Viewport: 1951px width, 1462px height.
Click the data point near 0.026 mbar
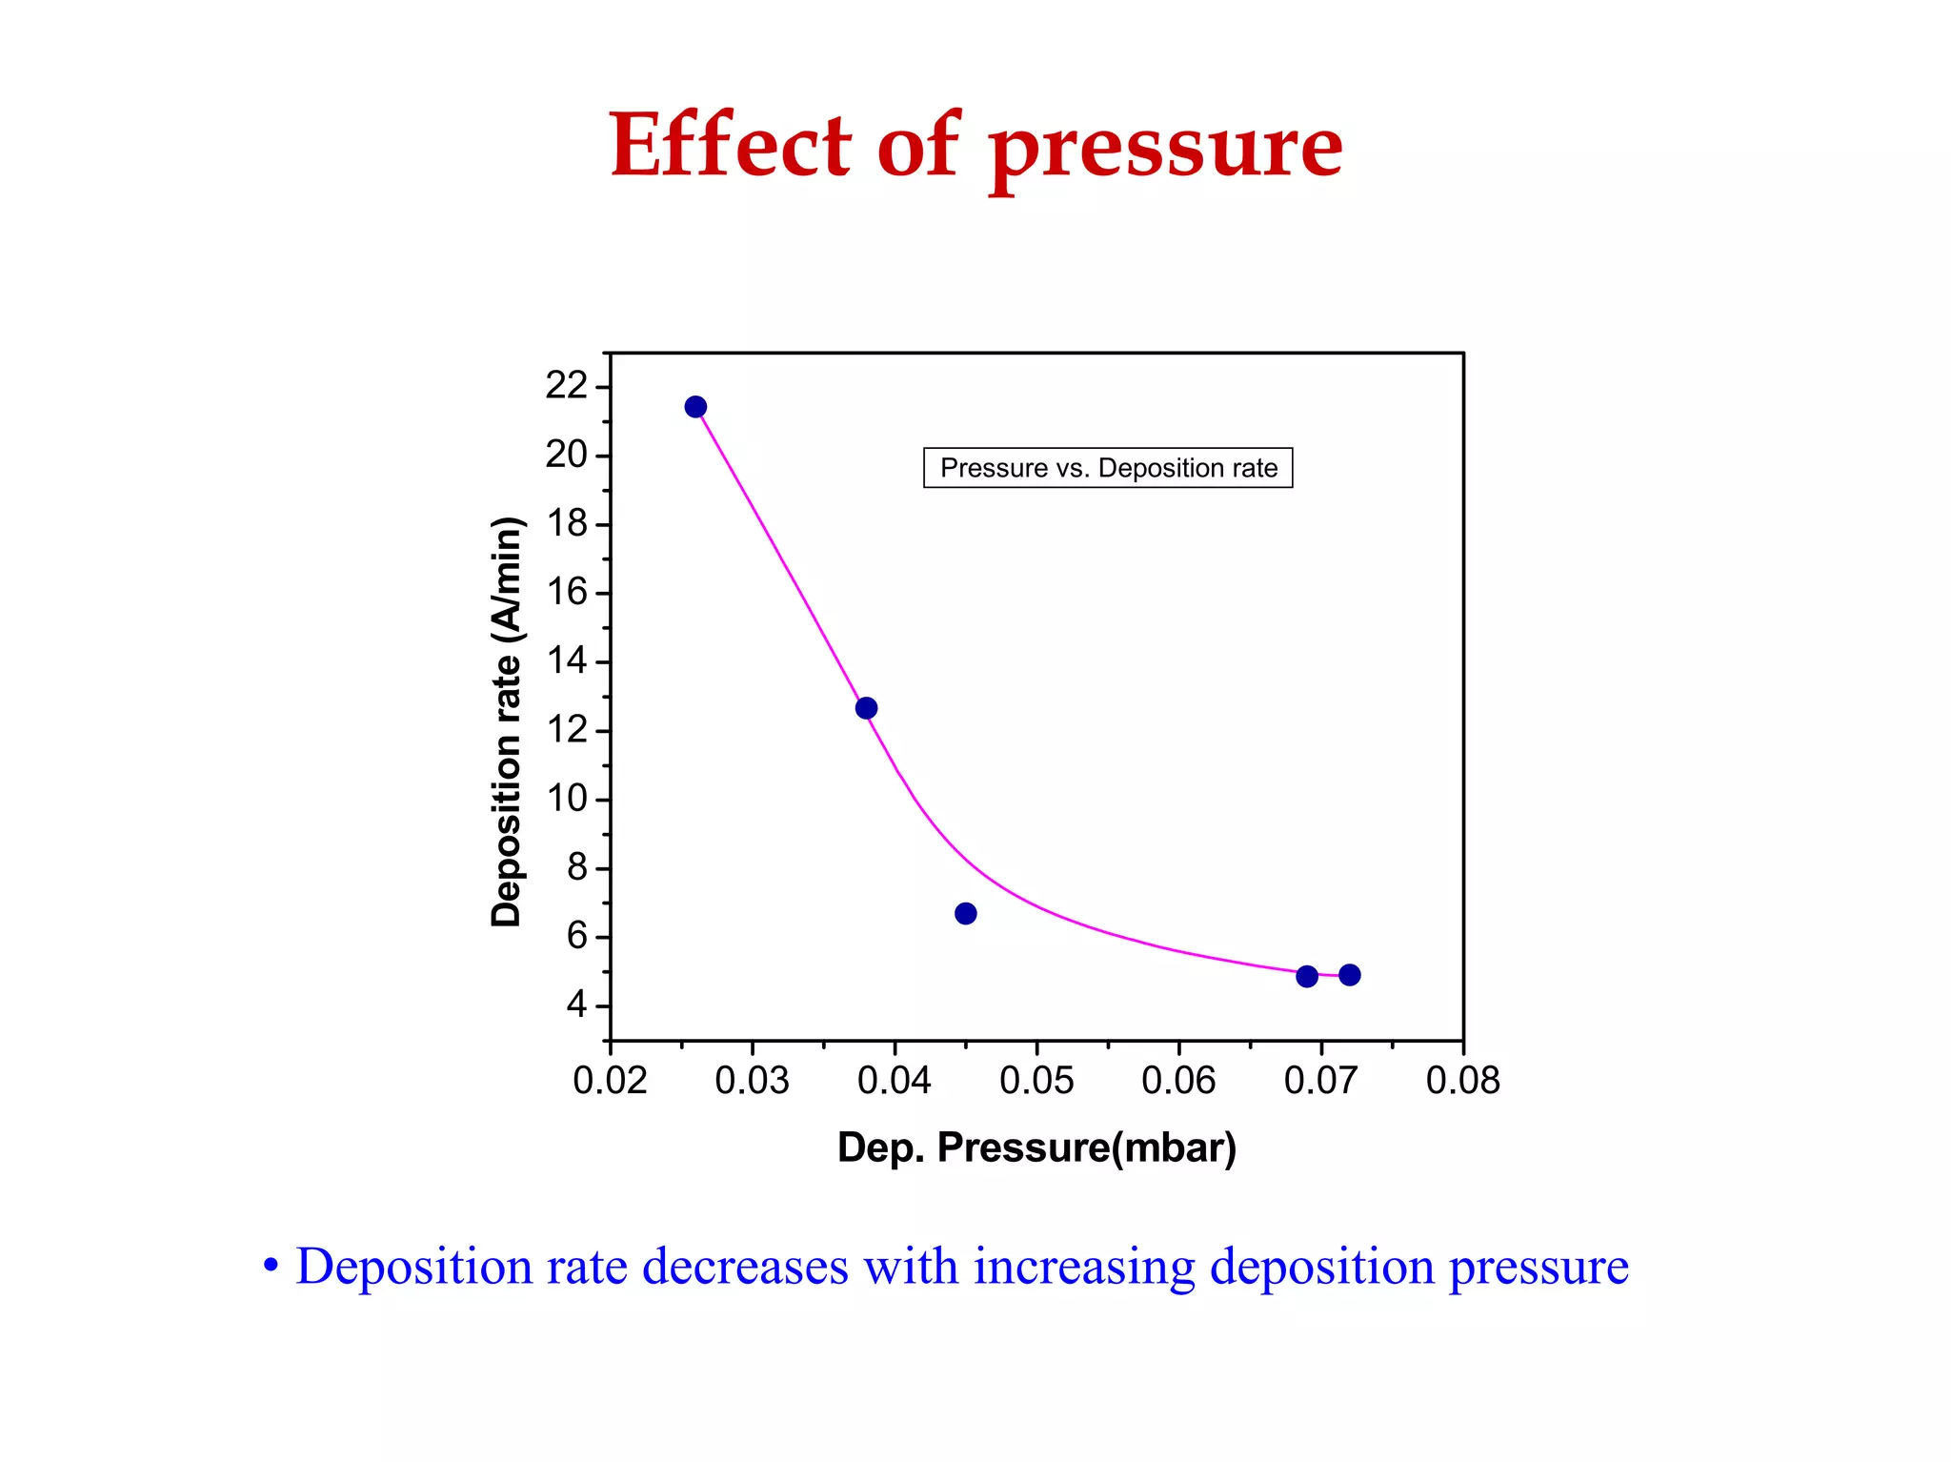pos(695,407)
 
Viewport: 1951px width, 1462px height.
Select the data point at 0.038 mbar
pos(866,708)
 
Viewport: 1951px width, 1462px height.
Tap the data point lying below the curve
pos(965,914)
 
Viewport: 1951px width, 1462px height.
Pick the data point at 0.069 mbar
pos(1307,976)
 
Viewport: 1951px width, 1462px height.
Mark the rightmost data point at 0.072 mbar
pos(1349,975)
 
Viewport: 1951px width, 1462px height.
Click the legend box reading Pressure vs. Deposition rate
pos(1108,468)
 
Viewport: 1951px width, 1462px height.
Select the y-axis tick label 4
pos(576,1005)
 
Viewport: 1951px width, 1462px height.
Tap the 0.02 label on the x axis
pos(610,1081)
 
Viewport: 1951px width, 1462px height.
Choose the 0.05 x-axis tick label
pos(1036,1081)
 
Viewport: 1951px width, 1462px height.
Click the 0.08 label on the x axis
pos(1462,1081)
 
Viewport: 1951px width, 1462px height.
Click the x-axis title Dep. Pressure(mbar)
pos(1036,1147)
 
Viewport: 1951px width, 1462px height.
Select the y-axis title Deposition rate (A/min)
pos(506,721)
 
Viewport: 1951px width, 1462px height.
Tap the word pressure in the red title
pos(1165,149)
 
